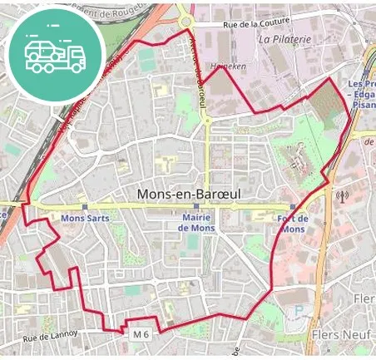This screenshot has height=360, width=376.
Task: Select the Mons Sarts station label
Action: [x=85, y=219]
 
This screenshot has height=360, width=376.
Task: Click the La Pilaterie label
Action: [x=284, y=38]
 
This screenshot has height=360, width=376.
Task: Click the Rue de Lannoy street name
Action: [x=50, y=337]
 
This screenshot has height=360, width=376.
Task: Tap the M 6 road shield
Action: [x=141, y=333]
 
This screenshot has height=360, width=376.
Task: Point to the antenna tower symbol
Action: [x=340, y=197]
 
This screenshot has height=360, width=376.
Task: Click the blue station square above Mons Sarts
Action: [x=85, y=207]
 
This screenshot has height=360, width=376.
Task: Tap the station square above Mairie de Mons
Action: [x=196, y=207]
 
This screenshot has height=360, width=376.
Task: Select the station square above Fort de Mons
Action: [x=293, y=207]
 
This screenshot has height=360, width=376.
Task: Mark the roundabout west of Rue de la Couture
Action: [x=184, y=22]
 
